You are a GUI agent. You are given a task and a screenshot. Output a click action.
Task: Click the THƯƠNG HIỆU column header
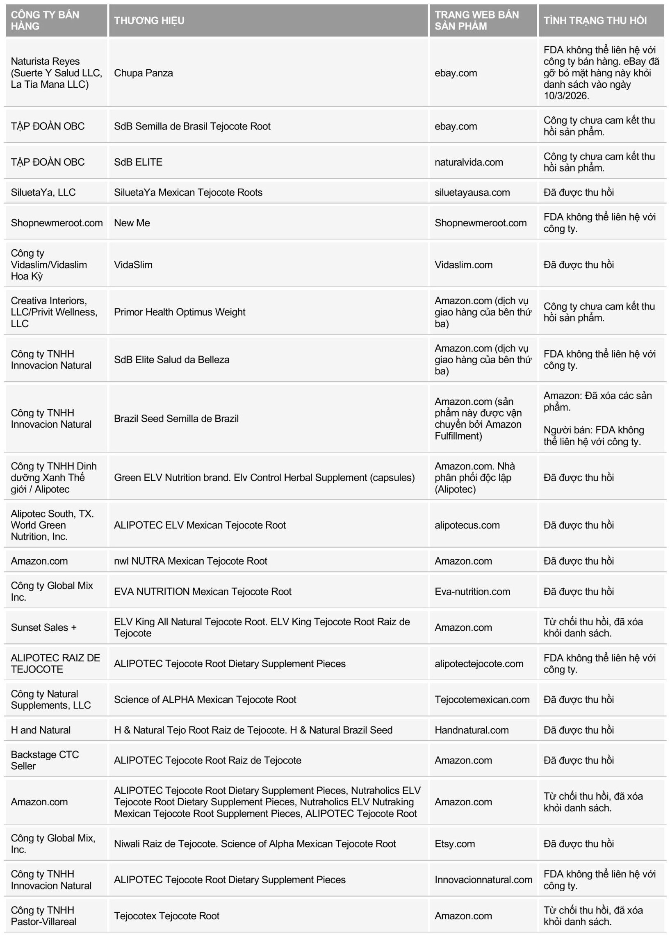[x=149, y=21]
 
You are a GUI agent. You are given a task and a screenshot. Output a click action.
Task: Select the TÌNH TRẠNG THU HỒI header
[x=595, y=21]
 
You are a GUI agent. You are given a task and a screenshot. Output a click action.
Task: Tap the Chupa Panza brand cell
[x=143, y=73]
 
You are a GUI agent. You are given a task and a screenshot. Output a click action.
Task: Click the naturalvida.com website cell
[x=469, y=162]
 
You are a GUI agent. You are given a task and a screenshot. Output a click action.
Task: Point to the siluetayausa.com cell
[x=472, y=192]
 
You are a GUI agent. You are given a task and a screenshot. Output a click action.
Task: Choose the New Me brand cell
[x=132, y=223]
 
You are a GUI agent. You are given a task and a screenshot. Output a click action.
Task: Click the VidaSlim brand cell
[x=133, y=264]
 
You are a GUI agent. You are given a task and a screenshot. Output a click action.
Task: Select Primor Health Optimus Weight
[x=180, y=312]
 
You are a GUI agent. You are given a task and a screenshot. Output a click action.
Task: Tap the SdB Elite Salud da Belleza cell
[x=172, y=359]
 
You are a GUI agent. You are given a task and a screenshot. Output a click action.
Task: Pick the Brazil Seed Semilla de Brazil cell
[x=176, y=418]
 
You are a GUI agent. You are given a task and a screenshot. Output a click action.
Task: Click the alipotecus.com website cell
[x=467, y=525]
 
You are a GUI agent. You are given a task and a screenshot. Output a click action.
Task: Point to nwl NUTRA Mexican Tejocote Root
[x=191, y=561]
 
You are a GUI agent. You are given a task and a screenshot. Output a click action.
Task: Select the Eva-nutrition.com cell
[x=472, y=591]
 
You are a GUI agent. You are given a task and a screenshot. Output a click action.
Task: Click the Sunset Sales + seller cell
[x=44, y=627]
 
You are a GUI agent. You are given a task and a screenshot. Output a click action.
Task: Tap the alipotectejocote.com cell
[x=479, y=663]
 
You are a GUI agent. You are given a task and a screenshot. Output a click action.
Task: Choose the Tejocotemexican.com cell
[x=482, y=699]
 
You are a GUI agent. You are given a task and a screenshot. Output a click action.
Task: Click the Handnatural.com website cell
[x=472, y=730]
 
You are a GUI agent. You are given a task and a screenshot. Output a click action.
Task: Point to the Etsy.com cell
[x=455, y=844]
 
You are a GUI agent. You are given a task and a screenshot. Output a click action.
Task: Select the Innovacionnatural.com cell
[x=483, y=880]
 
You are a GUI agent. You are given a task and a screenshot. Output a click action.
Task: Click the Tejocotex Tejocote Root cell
[x=166, y=916]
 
